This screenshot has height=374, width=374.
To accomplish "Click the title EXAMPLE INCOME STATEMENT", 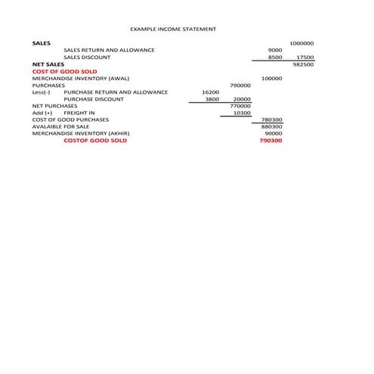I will pyautogui.click(x=173, y=29).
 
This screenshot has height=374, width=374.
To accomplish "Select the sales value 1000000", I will pyautogui.click(x=301, y=43).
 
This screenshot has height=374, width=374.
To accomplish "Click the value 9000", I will pyautogui.click(x=275, y=50).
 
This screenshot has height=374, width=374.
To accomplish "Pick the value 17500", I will pyautogui.click(x=304, y=57).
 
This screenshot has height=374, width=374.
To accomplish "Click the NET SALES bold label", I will pyautogui.click(x=48, y=64).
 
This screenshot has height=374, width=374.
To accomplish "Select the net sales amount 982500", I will pyautogui.click(x=303, y=64).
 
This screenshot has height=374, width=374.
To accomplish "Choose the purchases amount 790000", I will pyautogui.click(x=240, y=85).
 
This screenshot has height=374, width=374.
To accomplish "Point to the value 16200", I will pyautogui.click(x=211, y=92).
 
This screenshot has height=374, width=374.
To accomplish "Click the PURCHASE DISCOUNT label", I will pyautogui.click(x=92, y=99).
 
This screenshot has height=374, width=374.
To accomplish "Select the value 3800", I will pyautogui.click(x=212, y=99).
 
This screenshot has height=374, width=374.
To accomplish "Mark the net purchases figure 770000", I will pyautogui.click(x=240, y=106).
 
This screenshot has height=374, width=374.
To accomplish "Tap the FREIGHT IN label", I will pyautogui.click(x=79, y=113).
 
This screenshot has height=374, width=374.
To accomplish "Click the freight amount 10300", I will pyautogui.click(x=242, y=113).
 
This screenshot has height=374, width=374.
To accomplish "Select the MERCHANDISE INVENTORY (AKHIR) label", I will pyautogui.click(x=81, y=133).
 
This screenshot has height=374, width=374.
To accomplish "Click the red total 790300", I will pyautogui.click(x=270, y=141).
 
